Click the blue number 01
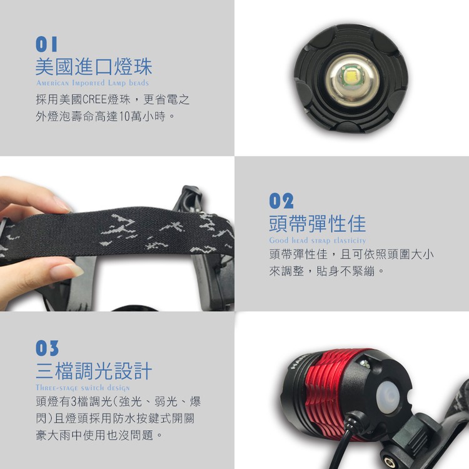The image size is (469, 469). coord(46,44)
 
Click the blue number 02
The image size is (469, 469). coord(281,201)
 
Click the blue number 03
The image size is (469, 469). coord(47,348)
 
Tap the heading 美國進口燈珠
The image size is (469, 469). coord(94,66)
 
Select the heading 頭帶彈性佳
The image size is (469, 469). coord(317,223)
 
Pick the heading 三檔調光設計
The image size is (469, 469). coord(94,371)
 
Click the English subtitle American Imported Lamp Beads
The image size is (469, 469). coord(93,83)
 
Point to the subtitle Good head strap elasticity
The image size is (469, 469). coord(317,241)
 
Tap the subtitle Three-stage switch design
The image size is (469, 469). coord(83,388)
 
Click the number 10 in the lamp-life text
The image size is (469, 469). coord(124,116)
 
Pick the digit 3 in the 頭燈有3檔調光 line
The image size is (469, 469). coord(74,401)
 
